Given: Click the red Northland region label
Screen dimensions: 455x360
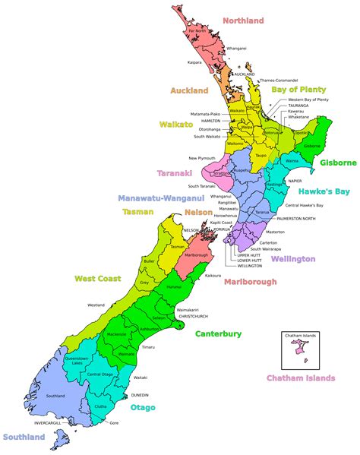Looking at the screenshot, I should [243, 21].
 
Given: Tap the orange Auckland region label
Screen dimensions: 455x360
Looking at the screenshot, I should [190, 90].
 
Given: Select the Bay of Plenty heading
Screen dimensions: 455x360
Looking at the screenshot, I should [299, 89].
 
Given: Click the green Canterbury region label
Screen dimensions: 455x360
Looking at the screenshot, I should [218, 333].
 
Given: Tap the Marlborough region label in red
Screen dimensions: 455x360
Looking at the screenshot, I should [250, 282].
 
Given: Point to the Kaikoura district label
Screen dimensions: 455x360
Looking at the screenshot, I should [212, 276].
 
